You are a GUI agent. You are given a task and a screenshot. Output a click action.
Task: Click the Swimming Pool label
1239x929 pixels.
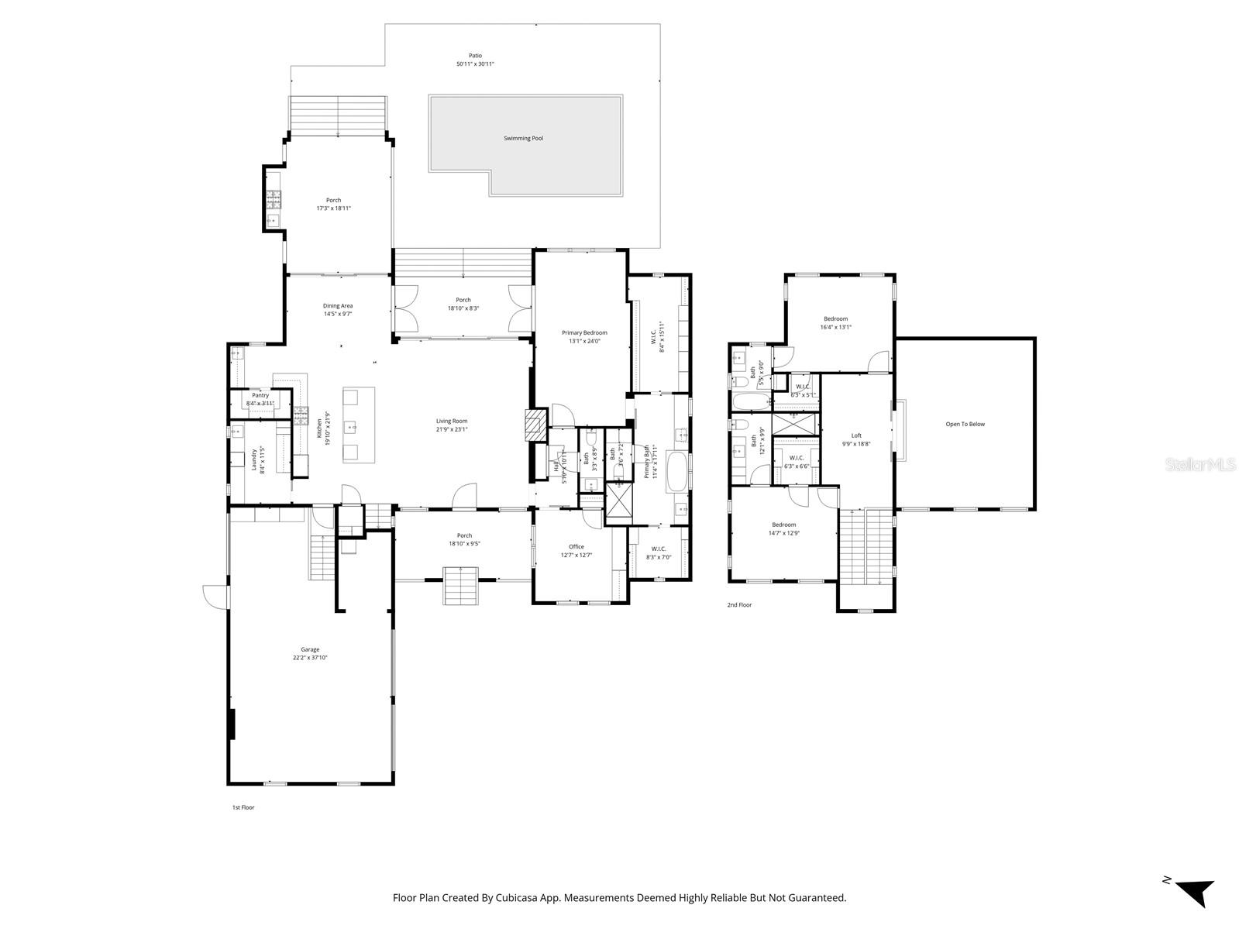pos(523,138)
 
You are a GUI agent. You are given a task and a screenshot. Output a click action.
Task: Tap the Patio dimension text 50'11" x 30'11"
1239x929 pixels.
pos(475,64)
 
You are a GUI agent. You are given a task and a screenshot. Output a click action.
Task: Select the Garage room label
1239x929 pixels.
pos(310,649)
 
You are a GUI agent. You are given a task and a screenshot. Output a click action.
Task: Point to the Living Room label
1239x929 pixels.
pos(452,421)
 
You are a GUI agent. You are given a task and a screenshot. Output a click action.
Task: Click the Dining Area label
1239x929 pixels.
pos(338,305)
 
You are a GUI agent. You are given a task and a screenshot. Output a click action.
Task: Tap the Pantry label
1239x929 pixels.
pos(260,395)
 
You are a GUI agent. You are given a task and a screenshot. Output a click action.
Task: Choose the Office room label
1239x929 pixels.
pos(576,546)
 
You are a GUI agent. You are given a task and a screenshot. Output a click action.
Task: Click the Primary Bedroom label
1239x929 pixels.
pos(584,332)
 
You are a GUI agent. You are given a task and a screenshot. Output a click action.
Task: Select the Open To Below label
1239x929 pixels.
pos(965,424)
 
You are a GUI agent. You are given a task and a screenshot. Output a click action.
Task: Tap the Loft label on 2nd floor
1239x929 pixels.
pos(856,435)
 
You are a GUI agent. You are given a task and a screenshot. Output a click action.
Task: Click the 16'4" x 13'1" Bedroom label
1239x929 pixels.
pos(835,318)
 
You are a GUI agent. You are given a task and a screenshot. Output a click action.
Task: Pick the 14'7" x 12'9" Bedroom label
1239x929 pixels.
pos(783,525)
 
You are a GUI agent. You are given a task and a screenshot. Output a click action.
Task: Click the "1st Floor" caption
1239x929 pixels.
pos(243,807)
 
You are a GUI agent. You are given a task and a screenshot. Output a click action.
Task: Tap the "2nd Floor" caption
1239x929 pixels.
pos(739,605)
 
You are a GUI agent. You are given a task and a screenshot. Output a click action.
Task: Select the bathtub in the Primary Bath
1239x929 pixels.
pos(676,471)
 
